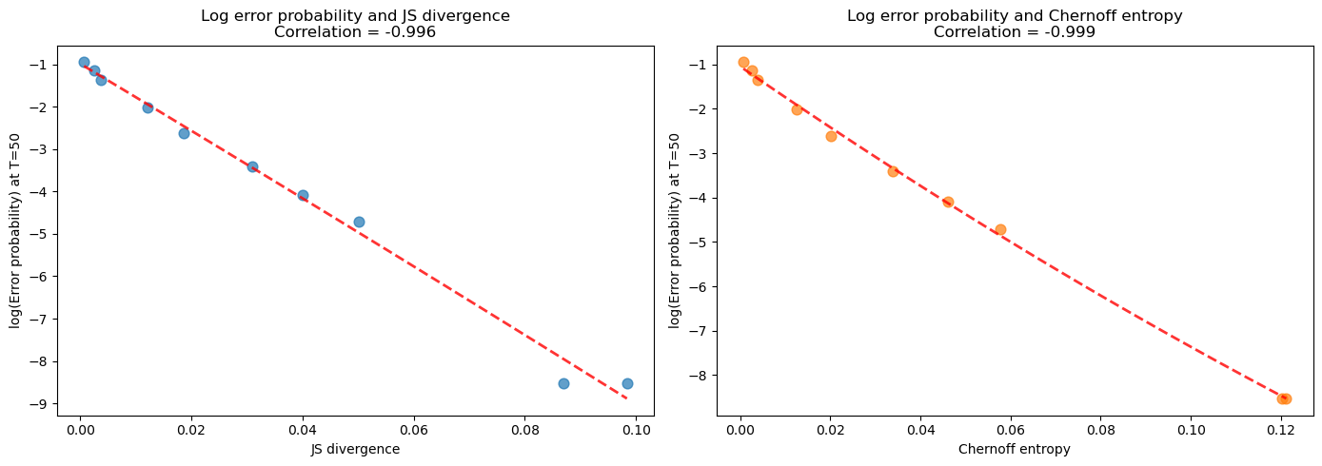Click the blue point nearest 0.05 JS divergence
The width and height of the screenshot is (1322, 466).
tap(359, 222)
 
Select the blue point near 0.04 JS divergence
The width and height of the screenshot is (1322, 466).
tap(303, 195)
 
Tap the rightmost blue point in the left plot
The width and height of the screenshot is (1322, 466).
tap(627, 383)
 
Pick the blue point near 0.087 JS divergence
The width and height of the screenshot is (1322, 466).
tap(563, 383)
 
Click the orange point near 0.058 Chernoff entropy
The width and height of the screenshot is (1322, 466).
tap(1000, 229)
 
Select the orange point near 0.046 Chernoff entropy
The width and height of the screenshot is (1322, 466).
tap(948, 202)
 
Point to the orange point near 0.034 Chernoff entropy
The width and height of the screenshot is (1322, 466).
tap(893, 171)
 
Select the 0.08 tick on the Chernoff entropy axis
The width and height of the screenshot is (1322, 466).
tap(1100, 430)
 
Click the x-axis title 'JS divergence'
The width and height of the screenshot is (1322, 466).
tap(356, 449)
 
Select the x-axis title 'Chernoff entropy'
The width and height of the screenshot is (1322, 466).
tap(1015, 449)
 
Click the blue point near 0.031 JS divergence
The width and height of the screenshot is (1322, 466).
tap(252, 166)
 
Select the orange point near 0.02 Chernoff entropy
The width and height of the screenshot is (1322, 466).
tap(831, 136)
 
